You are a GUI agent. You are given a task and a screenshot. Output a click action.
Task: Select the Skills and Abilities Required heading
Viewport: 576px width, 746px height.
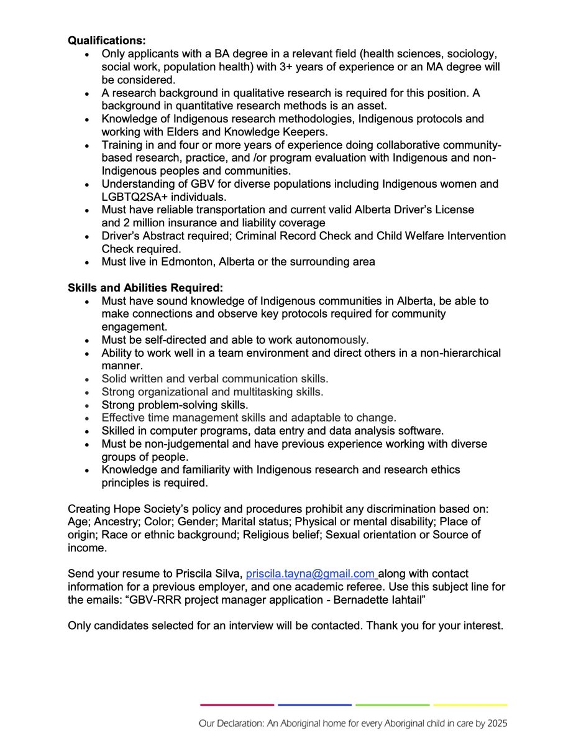(145, 288)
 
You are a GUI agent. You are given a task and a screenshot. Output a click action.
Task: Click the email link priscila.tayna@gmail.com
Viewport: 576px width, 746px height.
(311, 573)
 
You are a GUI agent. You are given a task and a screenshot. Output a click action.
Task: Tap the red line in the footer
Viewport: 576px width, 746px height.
(237, 705)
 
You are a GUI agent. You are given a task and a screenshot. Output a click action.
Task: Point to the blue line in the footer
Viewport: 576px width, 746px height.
(314, 705)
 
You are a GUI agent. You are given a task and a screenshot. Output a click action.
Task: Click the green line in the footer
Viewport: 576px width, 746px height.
(392, 705)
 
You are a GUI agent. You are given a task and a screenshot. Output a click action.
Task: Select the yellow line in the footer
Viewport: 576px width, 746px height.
(470, 705)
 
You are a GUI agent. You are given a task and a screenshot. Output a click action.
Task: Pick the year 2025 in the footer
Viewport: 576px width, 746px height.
(496, 724)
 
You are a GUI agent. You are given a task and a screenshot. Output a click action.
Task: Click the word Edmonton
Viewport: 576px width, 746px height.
(178, 262)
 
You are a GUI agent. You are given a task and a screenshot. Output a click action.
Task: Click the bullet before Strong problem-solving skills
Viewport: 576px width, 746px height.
(90, 405)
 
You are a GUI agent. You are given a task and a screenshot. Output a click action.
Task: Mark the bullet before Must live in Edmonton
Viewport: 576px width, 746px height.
(90, 262)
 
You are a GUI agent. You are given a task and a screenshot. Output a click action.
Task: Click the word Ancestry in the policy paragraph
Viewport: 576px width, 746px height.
(114, 521)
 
